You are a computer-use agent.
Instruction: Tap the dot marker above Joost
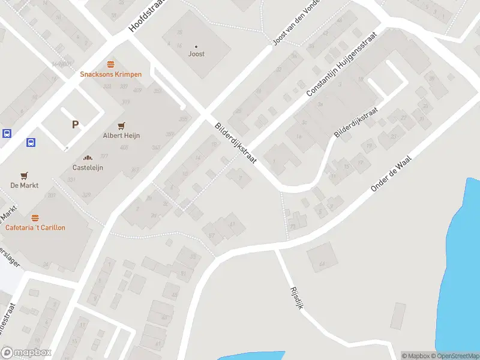coord(196,46)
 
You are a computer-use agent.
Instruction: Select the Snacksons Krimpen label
coord(111,74)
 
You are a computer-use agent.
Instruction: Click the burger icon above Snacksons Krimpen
coord(110,64)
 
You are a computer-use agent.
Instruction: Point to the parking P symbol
coord(76,125)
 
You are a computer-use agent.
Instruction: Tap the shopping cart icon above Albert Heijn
coord(121,125)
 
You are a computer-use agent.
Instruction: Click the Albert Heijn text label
coord(121,136)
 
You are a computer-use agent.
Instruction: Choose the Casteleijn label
coord(88,167)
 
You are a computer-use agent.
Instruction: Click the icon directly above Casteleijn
coord(88,157)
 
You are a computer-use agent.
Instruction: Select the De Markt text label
coord(25,185)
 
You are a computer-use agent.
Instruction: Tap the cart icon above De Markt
coord(24,175)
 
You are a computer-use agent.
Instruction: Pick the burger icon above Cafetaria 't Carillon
coord(35,217)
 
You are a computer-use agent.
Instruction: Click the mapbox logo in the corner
coord(26,352)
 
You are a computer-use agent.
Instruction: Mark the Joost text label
coord(196,54)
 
